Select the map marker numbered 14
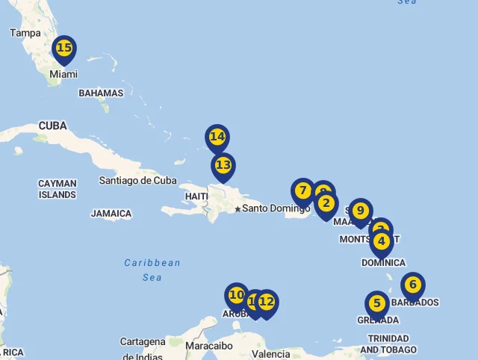tap(217, 137)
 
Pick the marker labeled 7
tap(303, 191)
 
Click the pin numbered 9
tap(360, 211)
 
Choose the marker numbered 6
tap(413, 285)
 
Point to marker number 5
tap(377, 304)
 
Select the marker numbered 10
tap(237, 296)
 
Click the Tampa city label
tap(25, 33)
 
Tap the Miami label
tap(63, 75)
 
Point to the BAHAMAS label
tap(101, 93)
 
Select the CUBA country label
tap(52, 125)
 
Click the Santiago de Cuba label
tap(138, 181)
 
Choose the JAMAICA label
tap(111, 214)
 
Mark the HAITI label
tap(196, 196)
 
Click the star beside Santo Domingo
tap(238, 209)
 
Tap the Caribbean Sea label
tap(152, 270)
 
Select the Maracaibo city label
tap(209, 346)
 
